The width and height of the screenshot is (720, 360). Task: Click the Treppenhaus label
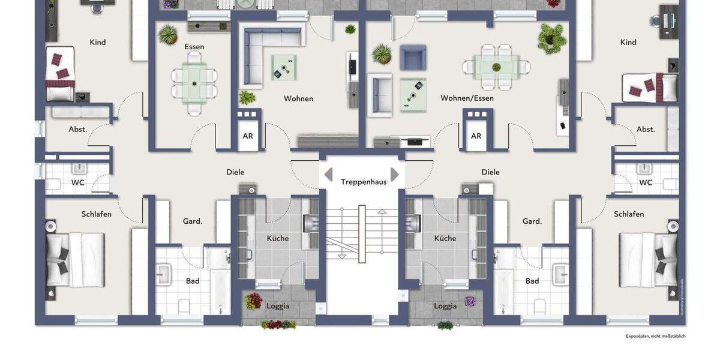364,181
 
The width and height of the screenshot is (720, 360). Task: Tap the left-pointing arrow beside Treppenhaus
328,175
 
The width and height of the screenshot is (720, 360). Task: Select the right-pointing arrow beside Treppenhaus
395,175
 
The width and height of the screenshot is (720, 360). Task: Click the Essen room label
194,46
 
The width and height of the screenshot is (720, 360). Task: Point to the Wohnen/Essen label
467,98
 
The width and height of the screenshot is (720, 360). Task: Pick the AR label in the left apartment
248,136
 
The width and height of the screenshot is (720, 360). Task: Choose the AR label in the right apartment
476,136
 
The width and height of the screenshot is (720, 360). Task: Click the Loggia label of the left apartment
278,305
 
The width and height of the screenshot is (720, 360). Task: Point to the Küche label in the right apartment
445,238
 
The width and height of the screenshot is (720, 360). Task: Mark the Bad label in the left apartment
193,280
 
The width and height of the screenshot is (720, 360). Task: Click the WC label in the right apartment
646,182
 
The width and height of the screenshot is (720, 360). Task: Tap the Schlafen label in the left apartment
97,214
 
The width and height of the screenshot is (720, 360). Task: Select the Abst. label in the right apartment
646,129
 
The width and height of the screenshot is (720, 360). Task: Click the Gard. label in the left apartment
193,221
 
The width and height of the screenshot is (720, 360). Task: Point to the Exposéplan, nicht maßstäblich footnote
655,336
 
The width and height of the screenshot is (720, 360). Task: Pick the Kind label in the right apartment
628,42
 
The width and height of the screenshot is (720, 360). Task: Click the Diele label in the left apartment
235,172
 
